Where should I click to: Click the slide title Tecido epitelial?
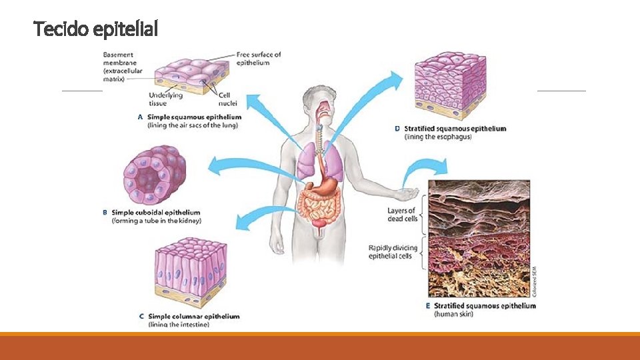click(x=95, y=29)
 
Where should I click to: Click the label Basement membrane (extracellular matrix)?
click(x=123, y=67)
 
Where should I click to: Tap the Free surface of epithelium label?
click(x=259, y=59)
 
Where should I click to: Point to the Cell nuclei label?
click(x=227, y=99)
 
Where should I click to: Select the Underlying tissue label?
click(x=166, y=99)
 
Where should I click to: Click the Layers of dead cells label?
click(x=403, y=215)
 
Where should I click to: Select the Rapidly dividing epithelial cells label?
click(x=393, y=252)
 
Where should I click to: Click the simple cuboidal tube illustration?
click(x=155, y=175)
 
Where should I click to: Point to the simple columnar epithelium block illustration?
click(x=191, y=272)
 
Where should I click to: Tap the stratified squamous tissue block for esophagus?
click(x=450, y=85)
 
